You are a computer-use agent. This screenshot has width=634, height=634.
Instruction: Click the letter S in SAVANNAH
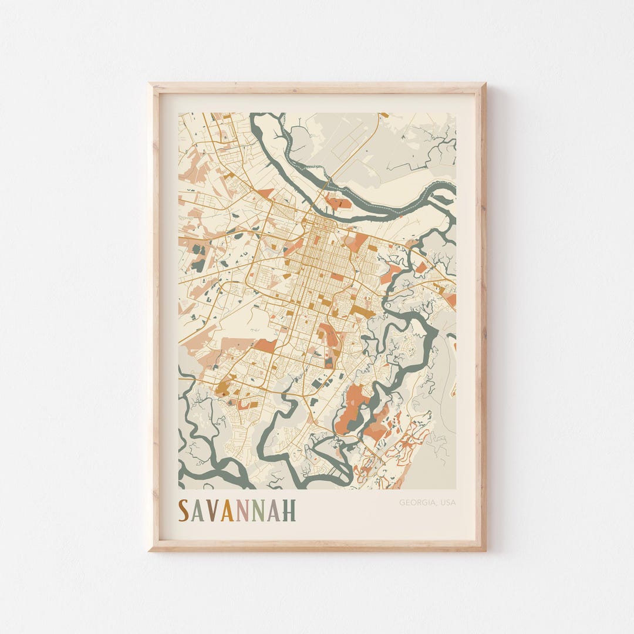184,511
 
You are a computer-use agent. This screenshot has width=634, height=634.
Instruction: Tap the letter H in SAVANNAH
289,511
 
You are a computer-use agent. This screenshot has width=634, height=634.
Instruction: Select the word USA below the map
448,503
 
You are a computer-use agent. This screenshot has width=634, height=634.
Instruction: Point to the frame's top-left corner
150,85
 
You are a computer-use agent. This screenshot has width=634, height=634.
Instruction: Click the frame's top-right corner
484,85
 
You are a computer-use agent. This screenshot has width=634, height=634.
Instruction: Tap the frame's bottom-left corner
150,549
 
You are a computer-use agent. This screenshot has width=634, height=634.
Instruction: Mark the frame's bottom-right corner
484,549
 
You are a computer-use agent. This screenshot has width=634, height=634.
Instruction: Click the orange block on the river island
339,203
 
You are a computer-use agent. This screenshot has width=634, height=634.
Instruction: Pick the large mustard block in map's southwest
223,387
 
